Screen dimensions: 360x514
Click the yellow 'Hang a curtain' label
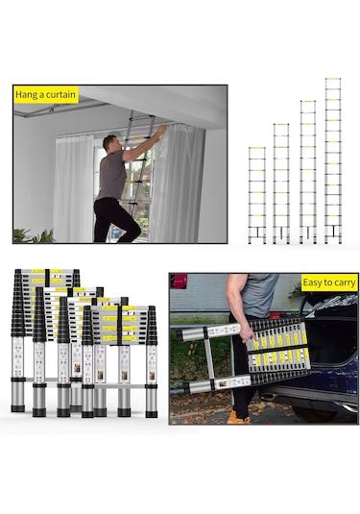coord(46,95)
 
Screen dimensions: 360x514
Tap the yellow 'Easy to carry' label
coord(329,282)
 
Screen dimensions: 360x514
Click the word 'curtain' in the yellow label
coord(60,95)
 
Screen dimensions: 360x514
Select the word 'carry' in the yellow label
coord(344,283)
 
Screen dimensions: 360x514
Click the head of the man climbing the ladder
coord(109,143)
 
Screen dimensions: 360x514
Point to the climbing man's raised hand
coord(161,129)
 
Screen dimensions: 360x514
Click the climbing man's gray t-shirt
coord(111,175)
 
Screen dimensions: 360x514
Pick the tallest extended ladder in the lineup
coord(333,160)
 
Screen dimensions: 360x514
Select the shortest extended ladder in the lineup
coord(257,195)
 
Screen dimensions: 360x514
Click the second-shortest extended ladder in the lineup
coord(281,184)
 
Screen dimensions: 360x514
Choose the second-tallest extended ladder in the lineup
coord(308,172)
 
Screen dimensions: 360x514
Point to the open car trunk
coord(331,337)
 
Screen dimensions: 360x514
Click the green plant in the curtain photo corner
coord(33,236)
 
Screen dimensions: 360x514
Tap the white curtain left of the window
coord(74,189)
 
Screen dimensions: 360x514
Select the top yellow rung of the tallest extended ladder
coord(333,79)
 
